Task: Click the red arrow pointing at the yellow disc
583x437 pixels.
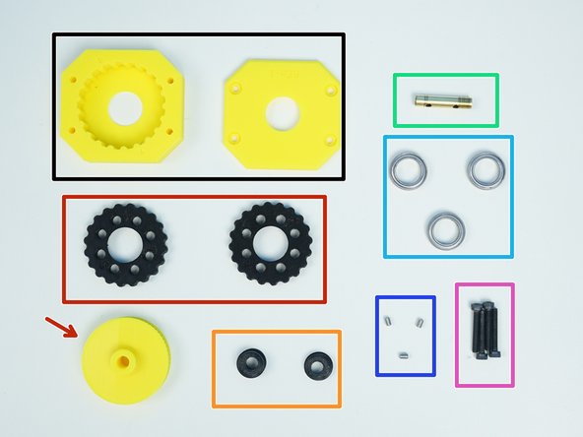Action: click(61, 326)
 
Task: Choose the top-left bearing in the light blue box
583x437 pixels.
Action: click(407, 170)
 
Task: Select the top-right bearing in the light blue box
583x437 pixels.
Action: click(485, 169)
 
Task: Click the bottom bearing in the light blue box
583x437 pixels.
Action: click(445, 228)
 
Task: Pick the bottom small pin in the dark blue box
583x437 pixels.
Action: click(403, 353)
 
